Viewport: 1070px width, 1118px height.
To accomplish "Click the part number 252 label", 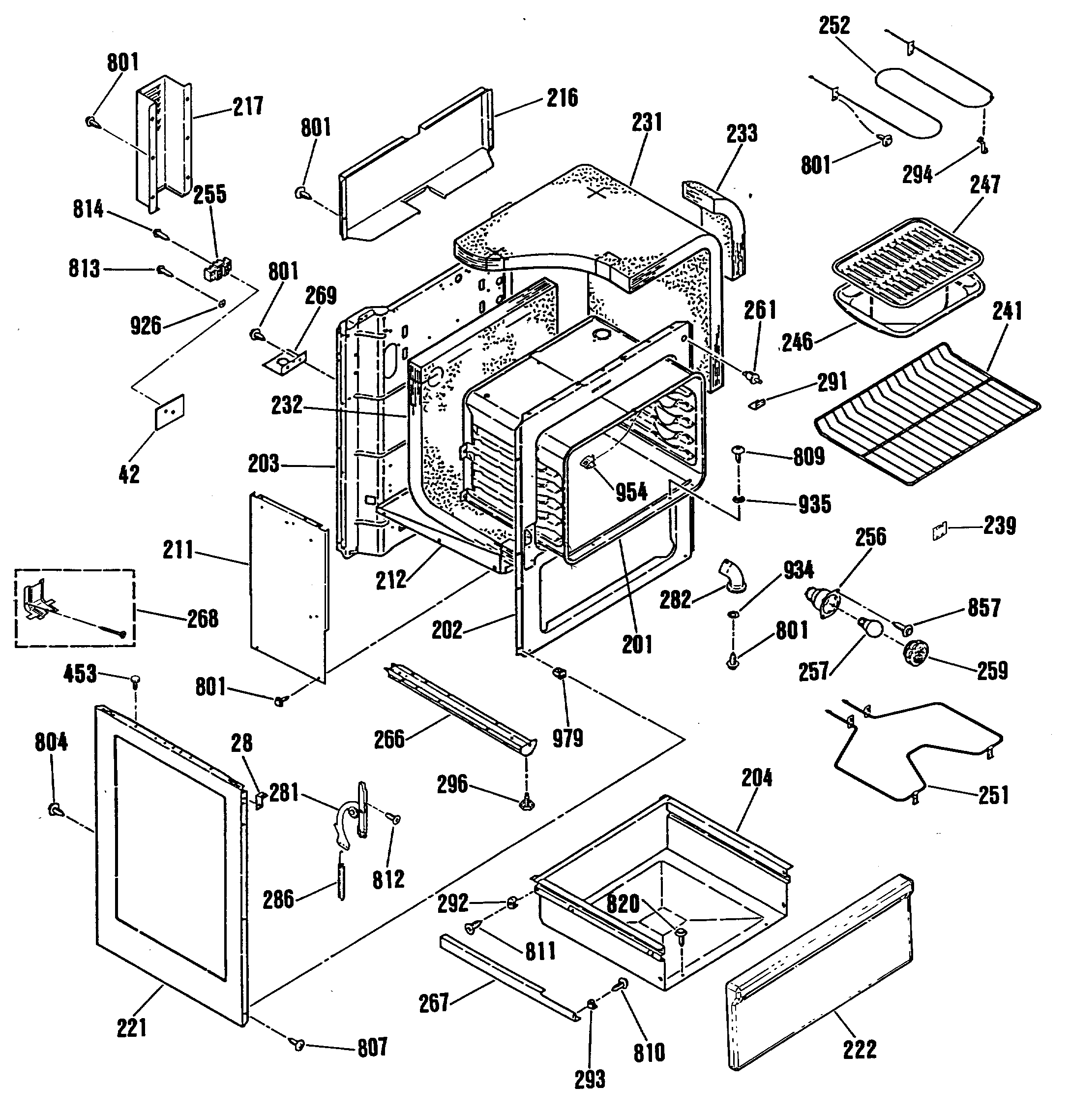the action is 834,26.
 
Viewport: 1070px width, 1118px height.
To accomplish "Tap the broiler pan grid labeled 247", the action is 909,251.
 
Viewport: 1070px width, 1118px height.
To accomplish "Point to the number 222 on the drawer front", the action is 859,1049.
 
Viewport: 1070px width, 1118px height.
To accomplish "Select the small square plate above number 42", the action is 170,411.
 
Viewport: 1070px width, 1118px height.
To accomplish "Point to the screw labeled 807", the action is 297,1044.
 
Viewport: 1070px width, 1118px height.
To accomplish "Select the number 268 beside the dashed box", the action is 203,619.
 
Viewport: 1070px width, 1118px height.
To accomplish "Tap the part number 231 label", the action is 647,122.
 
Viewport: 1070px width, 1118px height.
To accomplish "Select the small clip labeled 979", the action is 559,673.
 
